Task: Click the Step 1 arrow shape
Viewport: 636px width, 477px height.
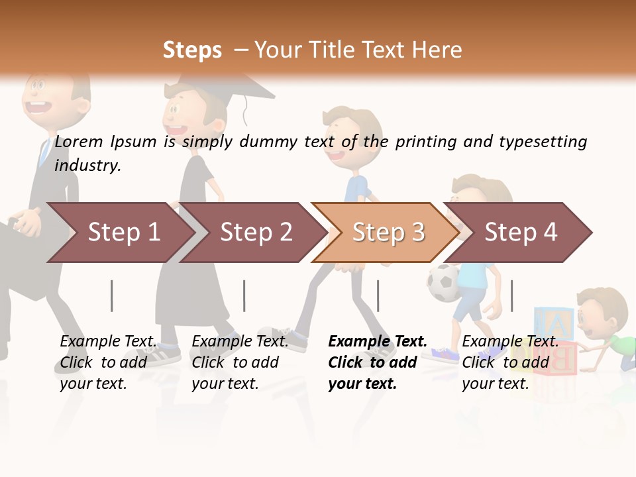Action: (123, 233)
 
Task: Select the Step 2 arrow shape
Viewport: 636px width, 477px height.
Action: (255, 233)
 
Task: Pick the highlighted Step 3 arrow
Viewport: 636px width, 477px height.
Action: (388, 233)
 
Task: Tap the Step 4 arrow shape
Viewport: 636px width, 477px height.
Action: (520, 233)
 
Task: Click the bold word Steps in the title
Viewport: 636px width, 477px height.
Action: (192, 50)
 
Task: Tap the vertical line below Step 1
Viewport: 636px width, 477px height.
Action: (112, 295)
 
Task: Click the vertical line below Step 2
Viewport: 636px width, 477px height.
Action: (244, 295)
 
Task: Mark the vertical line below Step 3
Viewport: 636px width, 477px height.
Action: (378, 295)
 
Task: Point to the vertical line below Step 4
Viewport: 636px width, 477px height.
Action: (511, 295)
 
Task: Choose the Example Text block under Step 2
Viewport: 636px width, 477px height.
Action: (240, 362)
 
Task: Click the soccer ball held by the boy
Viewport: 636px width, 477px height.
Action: (443, 282)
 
